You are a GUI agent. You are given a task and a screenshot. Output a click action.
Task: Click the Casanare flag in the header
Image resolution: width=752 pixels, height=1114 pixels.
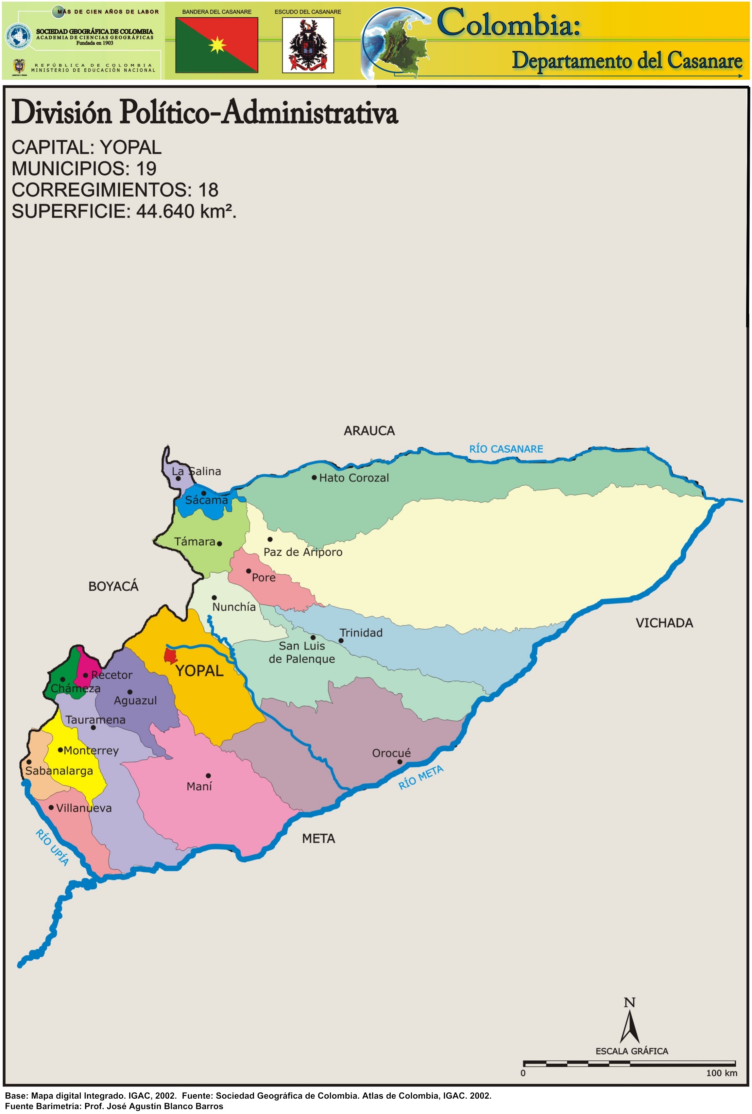[x=217, y=45]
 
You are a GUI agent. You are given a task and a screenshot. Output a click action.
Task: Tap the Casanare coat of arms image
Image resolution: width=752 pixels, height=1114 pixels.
[x=308, y=45]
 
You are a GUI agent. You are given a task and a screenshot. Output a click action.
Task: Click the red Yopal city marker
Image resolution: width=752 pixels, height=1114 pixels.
[x=170, y=655]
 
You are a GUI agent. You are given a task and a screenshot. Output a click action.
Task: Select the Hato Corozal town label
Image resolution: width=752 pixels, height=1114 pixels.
[x=354, y=478]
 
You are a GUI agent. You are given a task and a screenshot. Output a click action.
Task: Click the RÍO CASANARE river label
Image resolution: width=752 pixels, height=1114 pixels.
[x=506, y=449]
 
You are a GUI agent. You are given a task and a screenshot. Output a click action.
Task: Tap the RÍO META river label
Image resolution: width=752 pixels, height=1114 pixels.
[x=421, y=777]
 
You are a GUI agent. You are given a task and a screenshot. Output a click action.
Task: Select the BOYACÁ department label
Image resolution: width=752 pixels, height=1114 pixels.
[x=113, y=586]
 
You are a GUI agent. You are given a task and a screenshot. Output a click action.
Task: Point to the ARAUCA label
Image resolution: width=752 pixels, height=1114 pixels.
[x=369, y=431]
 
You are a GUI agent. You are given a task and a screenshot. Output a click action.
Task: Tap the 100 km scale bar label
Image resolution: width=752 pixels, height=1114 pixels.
[x=721, y=1073]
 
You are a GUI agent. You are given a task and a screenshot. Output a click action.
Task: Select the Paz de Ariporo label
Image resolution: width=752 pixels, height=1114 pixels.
[x=303, y=552]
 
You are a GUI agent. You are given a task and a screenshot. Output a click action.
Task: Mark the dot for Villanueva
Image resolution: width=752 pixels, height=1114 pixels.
[x=51, y=807]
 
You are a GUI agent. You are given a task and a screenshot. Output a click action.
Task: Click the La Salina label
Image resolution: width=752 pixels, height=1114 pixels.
[x=197, y=471]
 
